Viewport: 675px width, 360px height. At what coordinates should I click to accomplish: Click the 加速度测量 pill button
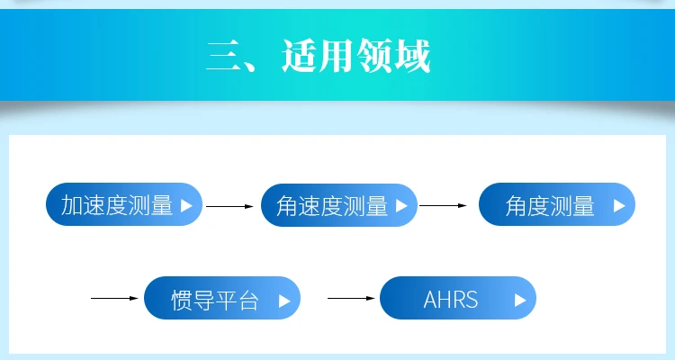tap(124, 205)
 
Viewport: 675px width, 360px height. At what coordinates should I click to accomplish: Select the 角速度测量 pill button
tap(339, 205)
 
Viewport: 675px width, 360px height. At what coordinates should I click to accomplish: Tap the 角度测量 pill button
tap(556, 205)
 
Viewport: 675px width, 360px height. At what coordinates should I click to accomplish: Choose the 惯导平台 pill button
tap(222, 298)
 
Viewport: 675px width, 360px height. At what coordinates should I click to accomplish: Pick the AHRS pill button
tap(457, 298)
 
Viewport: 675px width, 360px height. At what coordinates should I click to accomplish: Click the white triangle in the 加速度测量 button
tap(186, 205)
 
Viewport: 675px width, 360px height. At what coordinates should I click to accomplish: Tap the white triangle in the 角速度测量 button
tap(401, 205)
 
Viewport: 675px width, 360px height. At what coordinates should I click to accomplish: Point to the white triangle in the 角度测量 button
tap(618, 205)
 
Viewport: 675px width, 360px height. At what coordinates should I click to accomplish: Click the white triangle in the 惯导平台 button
tap(284, 301)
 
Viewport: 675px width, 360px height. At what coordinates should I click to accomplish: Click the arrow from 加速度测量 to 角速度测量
tap(230, 206)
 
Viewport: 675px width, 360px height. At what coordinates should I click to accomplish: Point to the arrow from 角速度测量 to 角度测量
tap(444, 205)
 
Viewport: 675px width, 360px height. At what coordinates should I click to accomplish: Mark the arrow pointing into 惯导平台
tap(115, 298)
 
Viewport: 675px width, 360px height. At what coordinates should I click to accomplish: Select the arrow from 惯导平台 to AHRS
tap(351, 298)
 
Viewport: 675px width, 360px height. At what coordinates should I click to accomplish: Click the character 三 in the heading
tap(221, 56)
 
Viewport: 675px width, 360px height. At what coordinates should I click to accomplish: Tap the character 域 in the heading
tap(412, 56)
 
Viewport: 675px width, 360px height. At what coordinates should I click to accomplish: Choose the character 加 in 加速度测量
tap(72, 205)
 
